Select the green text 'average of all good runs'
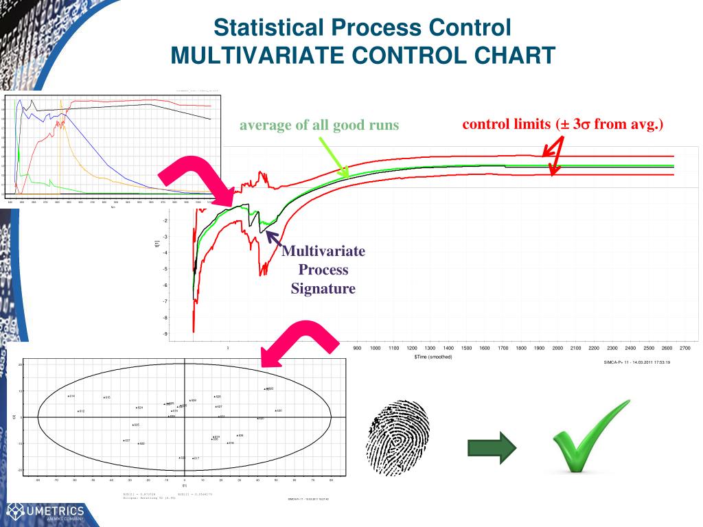point(319,126)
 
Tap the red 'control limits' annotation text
point(562,124)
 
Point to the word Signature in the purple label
point(323,288)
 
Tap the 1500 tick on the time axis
point(467,349)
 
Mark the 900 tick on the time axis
point(357,349)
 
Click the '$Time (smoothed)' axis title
point(433,358)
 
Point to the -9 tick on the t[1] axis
point(165,334)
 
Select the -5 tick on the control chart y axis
point(165,269)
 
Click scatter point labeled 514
point(68,396)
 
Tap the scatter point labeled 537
point(124,441)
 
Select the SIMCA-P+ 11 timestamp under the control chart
point(632,362)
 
